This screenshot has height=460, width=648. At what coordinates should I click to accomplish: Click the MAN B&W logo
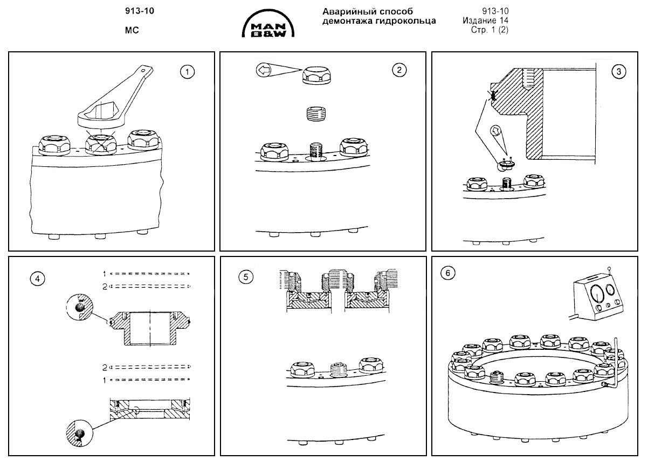[x=268, y=25]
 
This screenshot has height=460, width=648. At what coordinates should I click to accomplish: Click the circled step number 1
[x=187, y=71]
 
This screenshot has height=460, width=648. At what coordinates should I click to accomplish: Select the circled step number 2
[x=398, y=70]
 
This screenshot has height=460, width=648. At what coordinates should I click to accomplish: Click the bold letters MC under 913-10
[x=132, y=31]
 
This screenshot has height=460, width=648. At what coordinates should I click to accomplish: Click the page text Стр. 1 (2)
[x=490, y=30]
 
